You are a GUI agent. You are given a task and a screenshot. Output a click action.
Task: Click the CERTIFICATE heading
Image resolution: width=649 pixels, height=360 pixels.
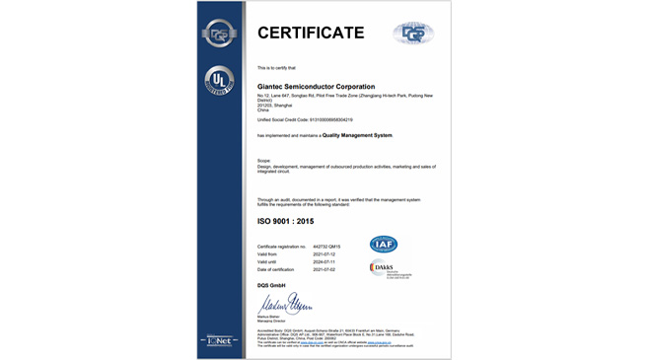311,33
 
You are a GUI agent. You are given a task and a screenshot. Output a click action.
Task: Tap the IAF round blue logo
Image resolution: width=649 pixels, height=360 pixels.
384,245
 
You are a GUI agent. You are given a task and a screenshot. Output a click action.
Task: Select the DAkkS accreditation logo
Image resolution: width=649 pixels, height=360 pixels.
383,268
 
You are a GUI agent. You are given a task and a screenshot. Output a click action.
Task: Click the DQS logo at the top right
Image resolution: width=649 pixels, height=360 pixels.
412,34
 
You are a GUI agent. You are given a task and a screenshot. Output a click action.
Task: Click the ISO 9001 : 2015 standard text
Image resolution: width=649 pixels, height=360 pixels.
292,221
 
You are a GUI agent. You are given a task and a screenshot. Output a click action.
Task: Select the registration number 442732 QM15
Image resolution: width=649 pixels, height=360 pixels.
326,246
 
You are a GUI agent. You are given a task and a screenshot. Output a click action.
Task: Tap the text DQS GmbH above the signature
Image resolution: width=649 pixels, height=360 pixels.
271,286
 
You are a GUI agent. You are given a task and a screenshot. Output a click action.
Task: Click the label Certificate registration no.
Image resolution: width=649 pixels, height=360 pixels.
280,246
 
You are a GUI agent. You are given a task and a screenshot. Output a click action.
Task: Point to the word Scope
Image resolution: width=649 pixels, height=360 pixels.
263,160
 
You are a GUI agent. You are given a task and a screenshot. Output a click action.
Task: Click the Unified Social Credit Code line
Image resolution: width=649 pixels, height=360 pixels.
305,120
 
